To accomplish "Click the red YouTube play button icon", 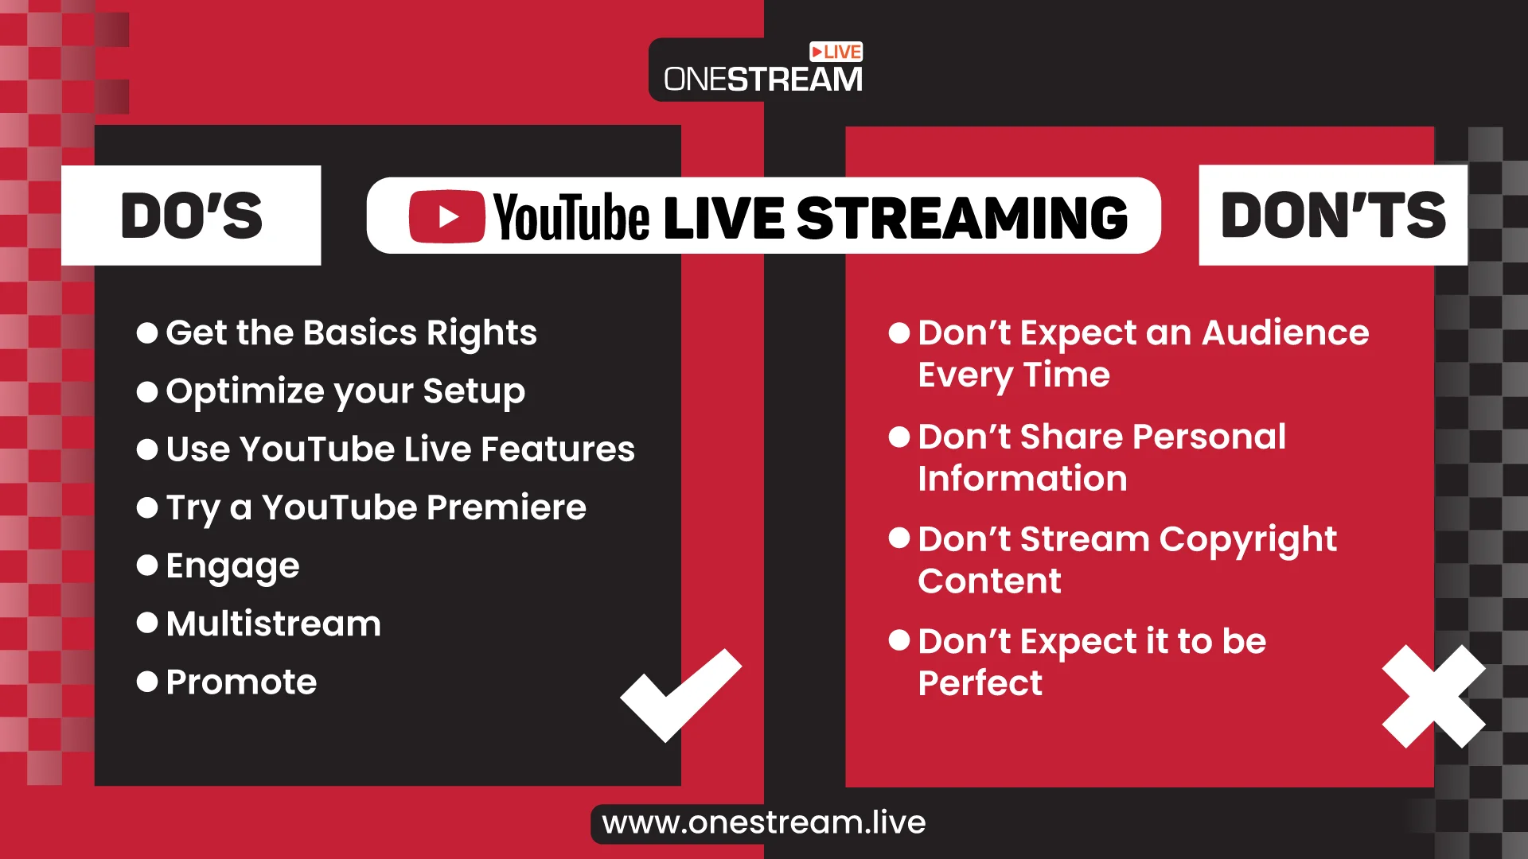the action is tap(446, 216).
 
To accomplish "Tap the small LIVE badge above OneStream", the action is tap(836, 52).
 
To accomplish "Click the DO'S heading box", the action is tap(191, 215).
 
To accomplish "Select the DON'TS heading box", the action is tap(1333, 215).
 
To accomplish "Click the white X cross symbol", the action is tap(1434, 696).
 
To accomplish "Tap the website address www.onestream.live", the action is tap(764, 822).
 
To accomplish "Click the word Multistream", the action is tap(274, 624).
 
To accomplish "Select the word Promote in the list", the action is tap(241, 682).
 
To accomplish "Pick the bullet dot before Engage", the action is tap(147, 566).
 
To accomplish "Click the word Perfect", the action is tap(980, 683).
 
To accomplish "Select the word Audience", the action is tap(1285, 332).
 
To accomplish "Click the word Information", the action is tap(1023, 479).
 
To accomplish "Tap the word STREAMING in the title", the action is tap(962, 217).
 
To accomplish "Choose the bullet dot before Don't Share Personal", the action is tap(899, 437).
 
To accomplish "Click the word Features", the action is tap(558, 449).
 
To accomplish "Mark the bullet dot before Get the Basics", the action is tap(147, 332).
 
